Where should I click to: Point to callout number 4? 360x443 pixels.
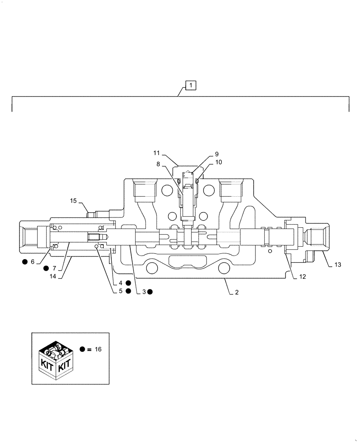[x=121, y=283]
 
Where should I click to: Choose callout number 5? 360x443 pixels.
[x=121, y=291]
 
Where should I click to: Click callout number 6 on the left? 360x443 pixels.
[x=32, y=262]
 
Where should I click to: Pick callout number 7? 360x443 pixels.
[x=54, y=268]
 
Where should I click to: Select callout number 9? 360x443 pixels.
[x=217, y=154]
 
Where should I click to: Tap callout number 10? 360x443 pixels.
[x=219, y=162]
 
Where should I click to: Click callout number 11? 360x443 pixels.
[x=157, y=153]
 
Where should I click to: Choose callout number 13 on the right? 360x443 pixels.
[x=338, y=264]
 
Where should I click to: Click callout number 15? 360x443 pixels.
[x=73, y=201]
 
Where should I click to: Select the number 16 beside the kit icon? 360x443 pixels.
[x=98, y=349]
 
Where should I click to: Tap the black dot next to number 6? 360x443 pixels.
[x=24, y=262]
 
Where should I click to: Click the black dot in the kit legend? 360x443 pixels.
[x=82, y=349]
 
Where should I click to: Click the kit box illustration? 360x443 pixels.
[x=55, y=358]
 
